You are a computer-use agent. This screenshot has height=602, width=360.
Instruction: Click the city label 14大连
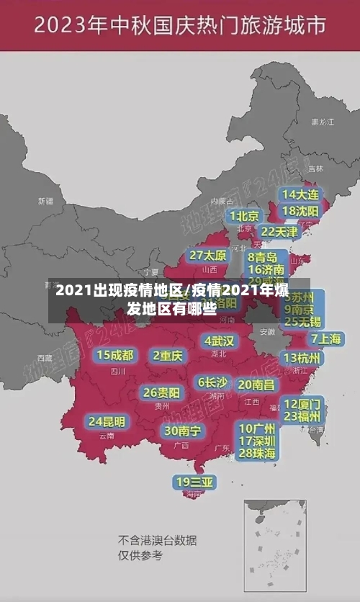(300, 194)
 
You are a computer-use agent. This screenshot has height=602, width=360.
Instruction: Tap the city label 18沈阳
(300, 211)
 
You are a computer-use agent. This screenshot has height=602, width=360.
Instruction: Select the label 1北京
(244, 216)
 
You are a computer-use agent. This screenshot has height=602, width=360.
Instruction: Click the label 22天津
(279, 232)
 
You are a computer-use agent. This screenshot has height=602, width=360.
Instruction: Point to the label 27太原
(208, 256)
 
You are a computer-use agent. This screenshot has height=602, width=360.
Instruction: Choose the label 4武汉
(219, 341)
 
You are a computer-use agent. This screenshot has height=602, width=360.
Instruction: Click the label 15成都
(115, 355)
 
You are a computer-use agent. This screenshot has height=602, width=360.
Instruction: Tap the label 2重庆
(168, 356)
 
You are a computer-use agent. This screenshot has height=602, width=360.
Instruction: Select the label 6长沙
(212, 382)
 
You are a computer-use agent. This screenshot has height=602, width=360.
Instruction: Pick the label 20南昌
(256, 385)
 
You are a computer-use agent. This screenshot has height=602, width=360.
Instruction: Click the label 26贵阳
(161, 392)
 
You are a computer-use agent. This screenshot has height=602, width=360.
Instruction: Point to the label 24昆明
(107, 421)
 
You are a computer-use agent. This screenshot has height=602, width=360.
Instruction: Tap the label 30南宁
(182, 431)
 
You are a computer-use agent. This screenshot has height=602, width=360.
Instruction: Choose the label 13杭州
(302, 358)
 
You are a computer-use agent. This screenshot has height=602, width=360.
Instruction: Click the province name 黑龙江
(322, 122)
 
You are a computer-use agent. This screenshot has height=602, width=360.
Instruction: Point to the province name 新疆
(45, 201)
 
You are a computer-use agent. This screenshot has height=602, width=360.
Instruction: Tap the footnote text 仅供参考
(140, 555)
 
